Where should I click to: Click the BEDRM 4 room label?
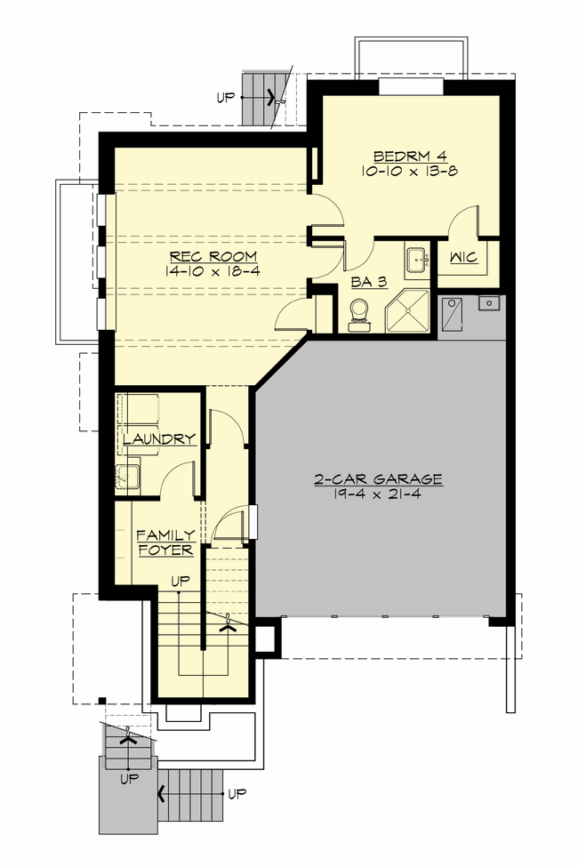click(x=409, y=152)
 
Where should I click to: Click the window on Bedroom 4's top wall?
click(x=410, y=85)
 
